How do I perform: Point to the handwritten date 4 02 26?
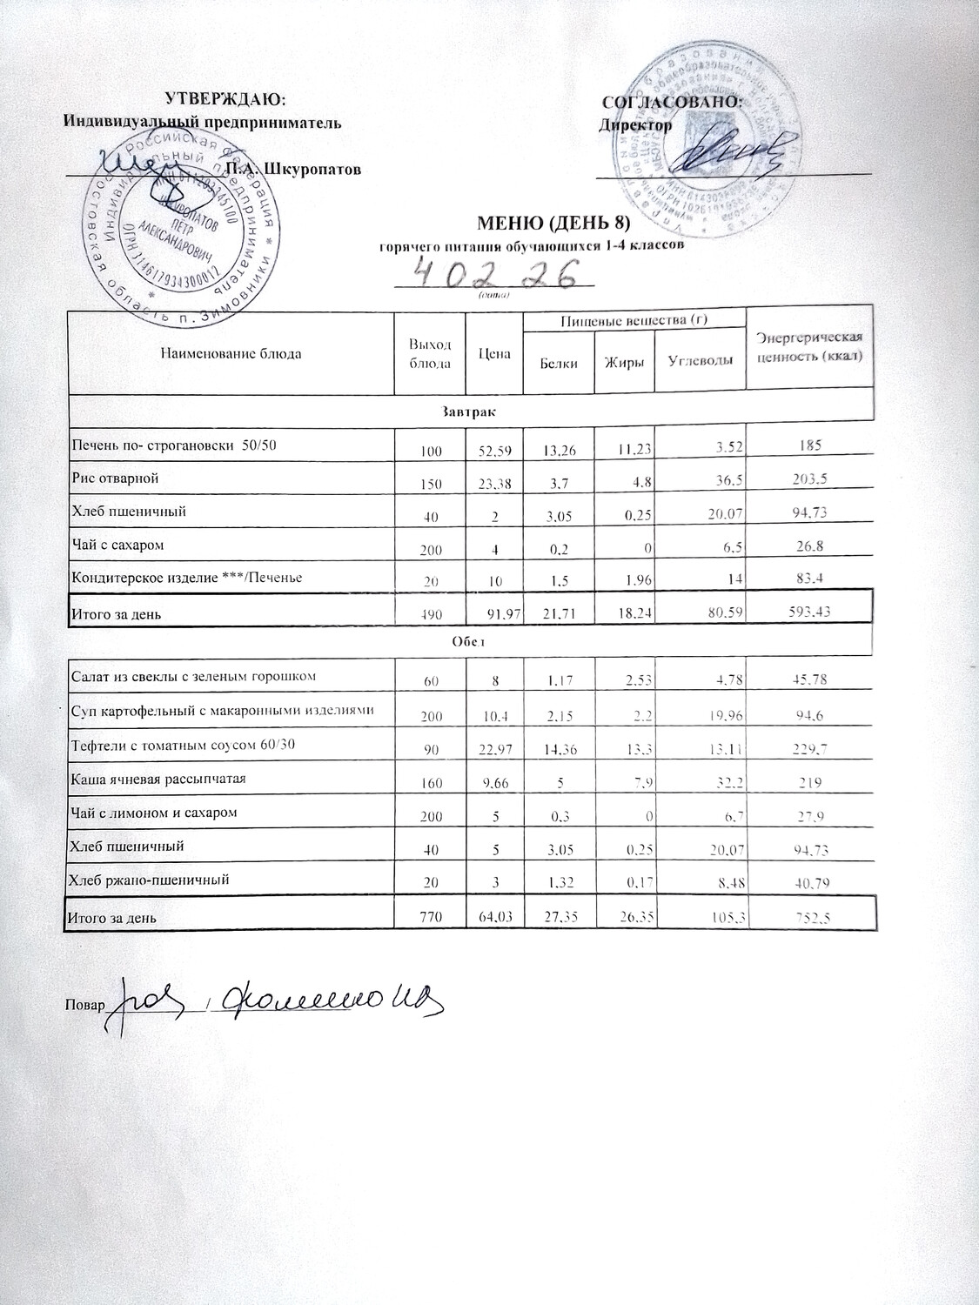coord(495,274)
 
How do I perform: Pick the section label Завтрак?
coord(471,409)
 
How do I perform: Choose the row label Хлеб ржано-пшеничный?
coord(149,880)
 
